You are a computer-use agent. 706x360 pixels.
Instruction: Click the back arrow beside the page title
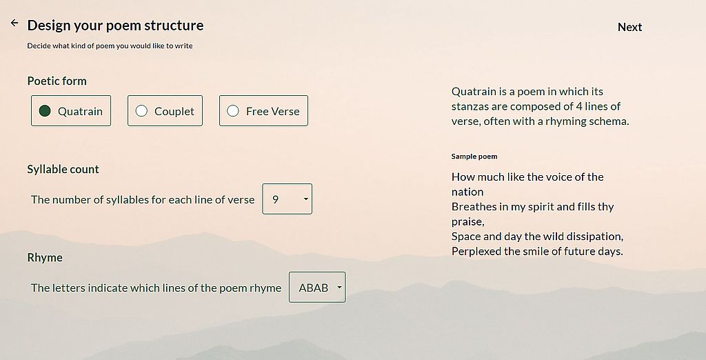(x=14, y=23)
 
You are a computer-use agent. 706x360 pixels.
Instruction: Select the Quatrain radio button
(x=45, y=111)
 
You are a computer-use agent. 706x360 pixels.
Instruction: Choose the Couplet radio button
(x=141, y=111)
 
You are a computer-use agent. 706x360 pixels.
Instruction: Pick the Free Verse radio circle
(x=233, y=111)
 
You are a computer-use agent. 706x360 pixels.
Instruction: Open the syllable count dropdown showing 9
(x=288, y=199)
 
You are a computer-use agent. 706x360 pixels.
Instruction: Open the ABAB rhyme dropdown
(x=317, y=287)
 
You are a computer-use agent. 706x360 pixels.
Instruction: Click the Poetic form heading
(x=57, y=81)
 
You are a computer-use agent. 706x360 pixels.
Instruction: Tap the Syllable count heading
(x=63, y=170)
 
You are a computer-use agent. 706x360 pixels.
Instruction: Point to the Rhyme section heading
(x=45, y=257)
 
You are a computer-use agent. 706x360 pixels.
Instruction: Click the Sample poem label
(x=474, y=157)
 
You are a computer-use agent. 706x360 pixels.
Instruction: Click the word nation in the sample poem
(x=467, y=192)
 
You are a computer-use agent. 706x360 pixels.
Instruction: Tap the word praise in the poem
(x=467, y=221)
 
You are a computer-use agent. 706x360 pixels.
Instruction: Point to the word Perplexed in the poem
(x=476, y=252)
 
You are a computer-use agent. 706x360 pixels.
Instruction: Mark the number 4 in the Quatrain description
(x=579, y=106)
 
